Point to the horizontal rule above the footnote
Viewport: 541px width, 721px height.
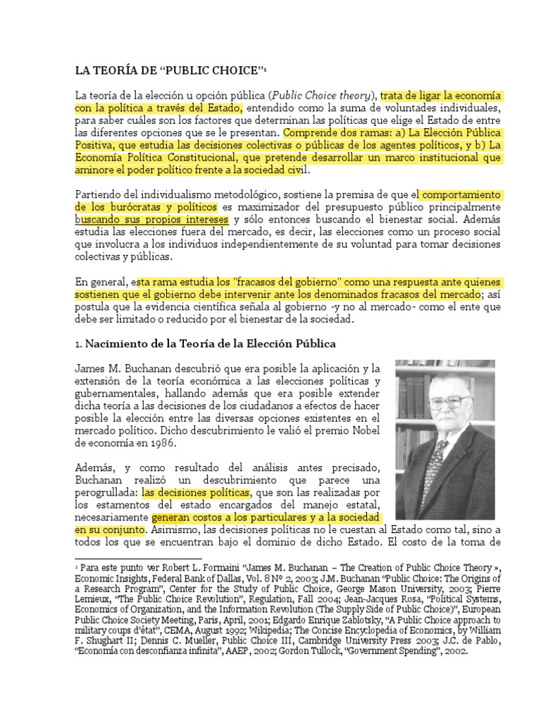pyautogui.click(x=128, y=558)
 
